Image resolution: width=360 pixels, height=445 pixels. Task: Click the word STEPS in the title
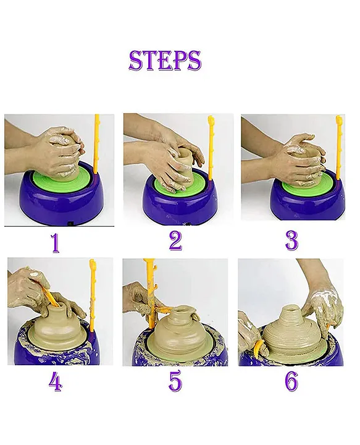click(x=165, y=61)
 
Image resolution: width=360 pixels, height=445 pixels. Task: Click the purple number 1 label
click(x=56, y=242)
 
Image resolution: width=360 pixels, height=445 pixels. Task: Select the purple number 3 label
click(x=291, y=241)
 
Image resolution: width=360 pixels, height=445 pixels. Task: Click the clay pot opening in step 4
click(x=57, y=306)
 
